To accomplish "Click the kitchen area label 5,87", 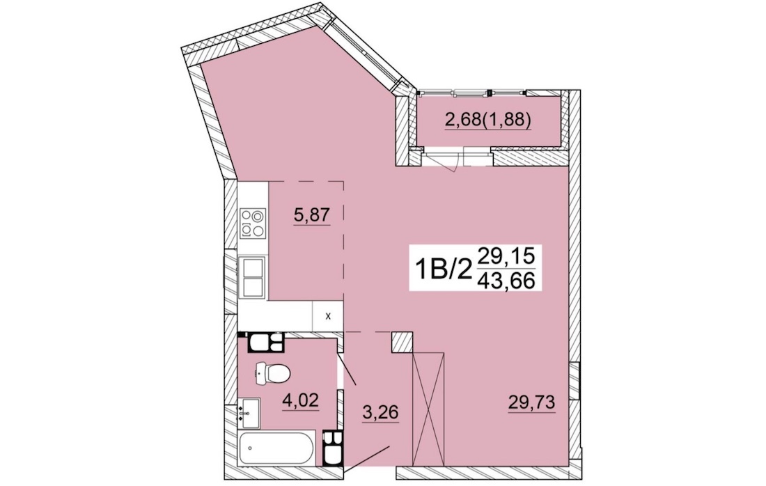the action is coord(313,215).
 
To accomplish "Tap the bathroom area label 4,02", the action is coord(300,401).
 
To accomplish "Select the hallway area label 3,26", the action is coord(380,413).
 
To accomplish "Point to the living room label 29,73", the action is coord(531,402).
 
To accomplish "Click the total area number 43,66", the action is coord(506,281).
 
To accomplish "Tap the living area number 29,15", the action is coord(506,255).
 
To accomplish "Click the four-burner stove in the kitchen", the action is coord(253,224).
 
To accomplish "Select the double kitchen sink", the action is coord(253,277).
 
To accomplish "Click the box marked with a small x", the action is coord(328,316).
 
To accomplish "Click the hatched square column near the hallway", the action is coord(402,342).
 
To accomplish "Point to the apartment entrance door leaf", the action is coord(367,459).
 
